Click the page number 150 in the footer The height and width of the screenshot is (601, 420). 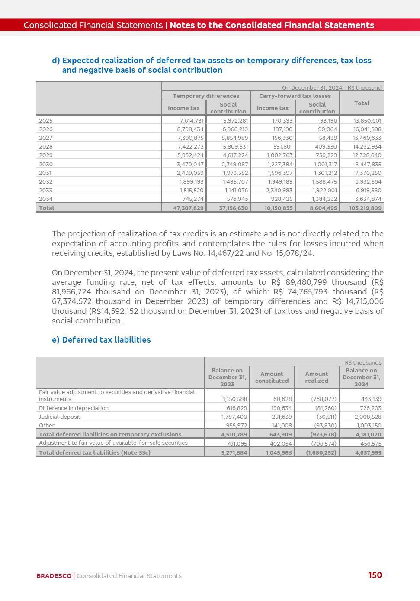click(375, 575)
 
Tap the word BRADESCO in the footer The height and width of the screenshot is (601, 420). click(54, 576)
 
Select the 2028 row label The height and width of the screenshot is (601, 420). click(46, 147)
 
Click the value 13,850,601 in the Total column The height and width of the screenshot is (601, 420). click(367, 121)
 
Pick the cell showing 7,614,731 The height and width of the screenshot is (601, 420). click(191, 121)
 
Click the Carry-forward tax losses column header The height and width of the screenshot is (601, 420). click(295, 96)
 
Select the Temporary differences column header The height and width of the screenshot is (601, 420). click(206, 96)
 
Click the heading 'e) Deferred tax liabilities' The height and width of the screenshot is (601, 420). click(101, 340)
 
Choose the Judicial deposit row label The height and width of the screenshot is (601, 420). click(60, 417)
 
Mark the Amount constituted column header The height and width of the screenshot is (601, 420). click(272, 378)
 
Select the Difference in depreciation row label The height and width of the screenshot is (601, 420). click(74, 408)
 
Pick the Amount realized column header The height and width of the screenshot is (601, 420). click(316, 378)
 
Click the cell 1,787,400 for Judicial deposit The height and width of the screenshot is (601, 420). click(234, 417)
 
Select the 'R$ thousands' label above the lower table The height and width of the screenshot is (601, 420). click(363, 363)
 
